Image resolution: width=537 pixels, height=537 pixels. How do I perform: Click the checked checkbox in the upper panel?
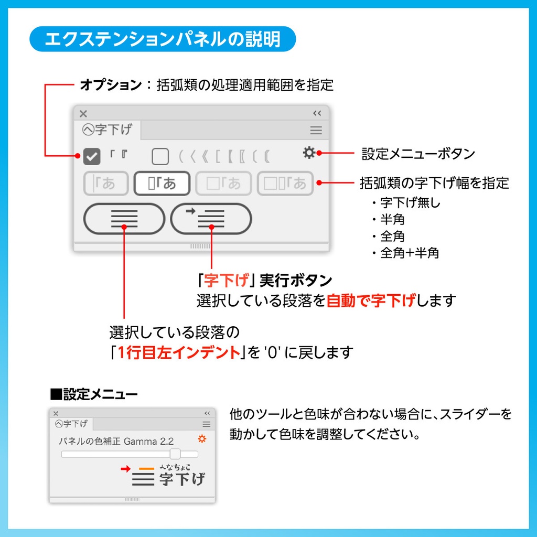92,156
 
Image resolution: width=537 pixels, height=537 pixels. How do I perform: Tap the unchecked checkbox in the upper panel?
160,156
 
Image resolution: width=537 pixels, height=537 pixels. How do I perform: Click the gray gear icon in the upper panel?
309,153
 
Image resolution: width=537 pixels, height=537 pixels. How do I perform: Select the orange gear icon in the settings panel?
202,439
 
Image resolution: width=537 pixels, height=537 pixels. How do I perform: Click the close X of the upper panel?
83,113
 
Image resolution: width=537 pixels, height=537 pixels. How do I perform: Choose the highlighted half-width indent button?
162,184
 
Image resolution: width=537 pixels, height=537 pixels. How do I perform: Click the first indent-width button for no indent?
105,184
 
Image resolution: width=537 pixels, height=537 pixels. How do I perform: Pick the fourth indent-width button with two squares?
285,184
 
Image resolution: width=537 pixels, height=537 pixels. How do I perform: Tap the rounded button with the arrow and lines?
211,219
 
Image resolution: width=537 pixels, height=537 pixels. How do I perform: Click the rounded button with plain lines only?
124,219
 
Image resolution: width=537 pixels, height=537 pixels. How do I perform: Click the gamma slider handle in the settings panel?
175,454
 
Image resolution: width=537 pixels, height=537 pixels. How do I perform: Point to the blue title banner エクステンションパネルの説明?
163,39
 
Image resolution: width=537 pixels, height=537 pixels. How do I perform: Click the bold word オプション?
111,85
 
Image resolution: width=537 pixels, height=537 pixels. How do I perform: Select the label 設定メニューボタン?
418,154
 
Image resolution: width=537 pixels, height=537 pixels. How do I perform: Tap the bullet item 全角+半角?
410,253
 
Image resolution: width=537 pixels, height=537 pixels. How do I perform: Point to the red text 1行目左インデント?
178,352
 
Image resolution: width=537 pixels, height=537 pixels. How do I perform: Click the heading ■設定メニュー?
94,393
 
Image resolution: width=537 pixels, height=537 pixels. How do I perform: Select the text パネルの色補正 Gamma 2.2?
116,441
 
